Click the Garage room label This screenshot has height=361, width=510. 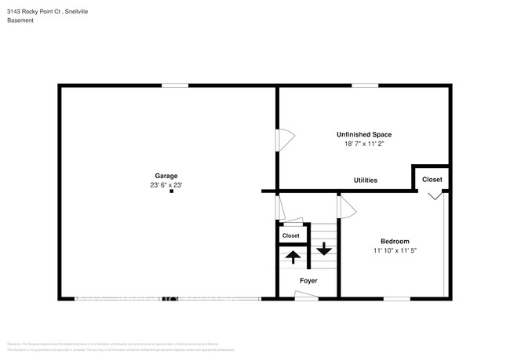[166, 176]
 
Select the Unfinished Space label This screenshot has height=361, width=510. [364, 134]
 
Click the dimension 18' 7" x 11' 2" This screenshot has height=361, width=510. [364, 144]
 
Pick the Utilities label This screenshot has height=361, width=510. [366, 180]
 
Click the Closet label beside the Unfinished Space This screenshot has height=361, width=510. [432, 180]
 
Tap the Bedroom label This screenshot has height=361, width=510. [395, 241]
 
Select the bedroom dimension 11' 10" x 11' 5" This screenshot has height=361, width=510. [395, 251]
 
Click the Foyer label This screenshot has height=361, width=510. [308, 280]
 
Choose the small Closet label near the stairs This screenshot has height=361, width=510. [290, 235]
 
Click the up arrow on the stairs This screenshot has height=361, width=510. [293, 256]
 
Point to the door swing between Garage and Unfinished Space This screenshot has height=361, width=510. [285, 138]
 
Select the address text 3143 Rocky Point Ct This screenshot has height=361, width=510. [46, 9]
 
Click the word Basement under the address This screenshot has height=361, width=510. [21, 20]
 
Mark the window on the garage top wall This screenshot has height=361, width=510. [175, 86]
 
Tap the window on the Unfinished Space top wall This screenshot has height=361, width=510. [363, 86]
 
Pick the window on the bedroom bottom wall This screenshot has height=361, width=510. [396, 298]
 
